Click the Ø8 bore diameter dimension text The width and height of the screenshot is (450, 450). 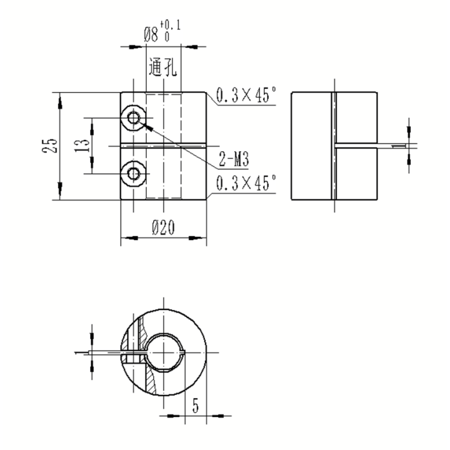pyautogui.click(x=151, y=35)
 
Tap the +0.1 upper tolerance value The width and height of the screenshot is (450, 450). pyautogui.click(x=171, y=25)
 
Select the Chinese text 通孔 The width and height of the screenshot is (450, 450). pyautogui.click(x=162, y=67)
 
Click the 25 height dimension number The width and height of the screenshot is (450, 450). pyautogui.click(x=50, y=146)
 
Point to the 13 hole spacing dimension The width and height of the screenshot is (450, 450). pyautogui.click(x=82, y=146)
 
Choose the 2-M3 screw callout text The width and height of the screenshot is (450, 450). pyautogui.click(x=234, y=159)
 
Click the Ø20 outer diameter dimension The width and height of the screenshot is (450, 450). pyautogui.click(x=163, y=228)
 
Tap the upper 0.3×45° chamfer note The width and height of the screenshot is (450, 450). pyautogui.click(x=246, y=95)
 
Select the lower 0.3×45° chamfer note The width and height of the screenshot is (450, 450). pyautogui.click(x=246, y=182)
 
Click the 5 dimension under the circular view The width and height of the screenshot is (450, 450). pyautogui.click(x=196, y=406)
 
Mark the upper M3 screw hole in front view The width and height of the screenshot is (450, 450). pyautogui.click(x=134, y=118)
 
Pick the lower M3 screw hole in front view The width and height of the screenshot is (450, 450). pyautogui.click(x=134, y=174)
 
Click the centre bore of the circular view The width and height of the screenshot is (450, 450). pyautogui.click(x=164, y=352)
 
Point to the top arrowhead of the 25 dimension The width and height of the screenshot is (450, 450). pyautogui.click(x=60, y=102)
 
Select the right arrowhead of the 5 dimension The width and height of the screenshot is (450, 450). pyautogui.click(x=217, y=416)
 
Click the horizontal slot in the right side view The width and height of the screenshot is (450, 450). pyautogui.click(x=356, y=146)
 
